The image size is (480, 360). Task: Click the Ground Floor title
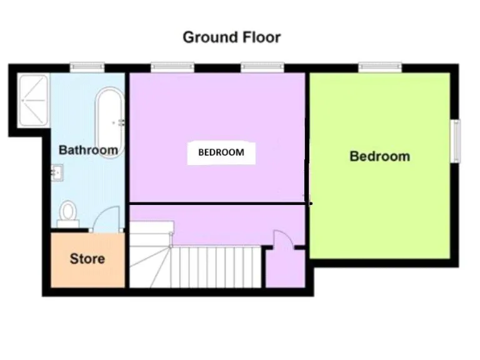(x=231, y=37)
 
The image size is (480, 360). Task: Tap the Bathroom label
(x=88, y=150)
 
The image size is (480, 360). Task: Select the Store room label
(x=87, y=258)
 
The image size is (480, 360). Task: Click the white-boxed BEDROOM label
(x=221, y=152)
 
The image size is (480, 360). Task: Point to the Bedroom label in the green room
(x=379, y=156)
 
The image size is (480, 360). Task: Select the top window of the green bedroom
(x=379, y=66)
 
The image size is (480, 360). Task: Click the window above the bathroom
(x=86, y=66)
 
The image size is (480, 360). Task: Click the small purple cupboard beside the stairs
(x=284, y=269)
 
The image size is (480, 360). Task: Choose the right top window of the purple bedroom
(x=262, y=66)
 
